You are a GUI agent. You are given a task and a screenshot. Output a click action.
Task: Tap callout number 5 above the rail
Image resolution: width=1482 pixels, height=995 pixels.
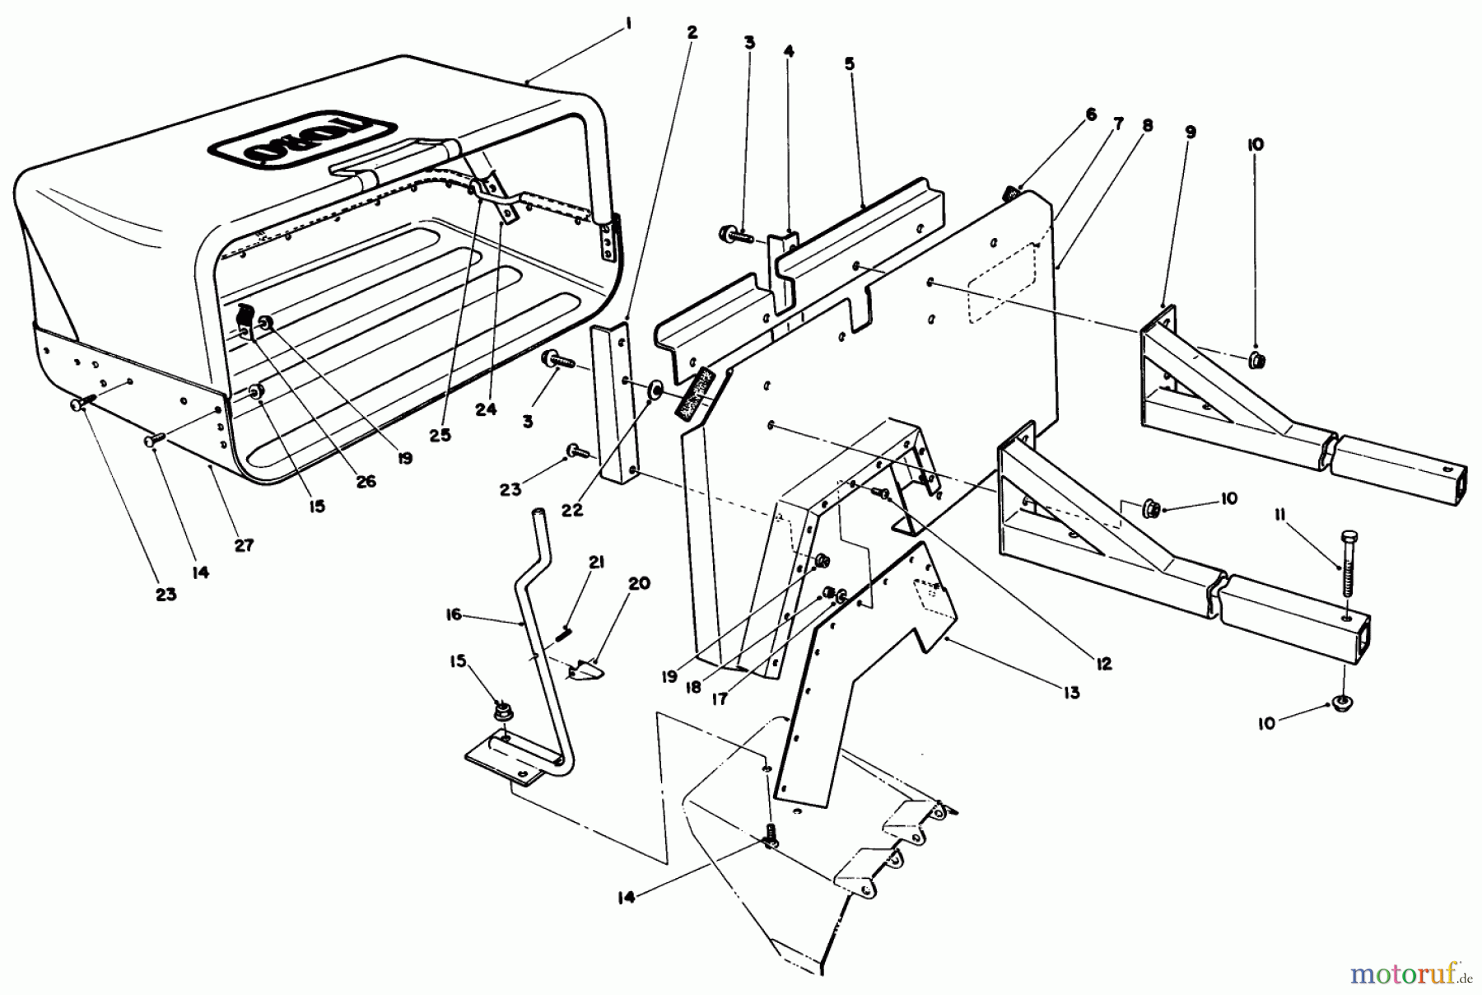pos(850,63)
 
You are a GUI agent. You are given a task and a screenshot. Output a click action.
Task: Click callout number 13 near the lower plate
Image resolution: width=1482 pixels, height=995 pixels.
pos(1070,694)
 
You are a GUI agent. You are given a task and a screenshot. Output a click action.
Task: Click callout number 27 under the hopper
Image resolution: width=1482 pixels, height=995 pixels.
pos(244,545)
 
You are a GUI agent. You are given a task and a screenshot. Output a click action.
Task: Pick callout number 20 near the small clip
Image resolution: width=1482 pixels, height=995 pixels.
pos(639,584)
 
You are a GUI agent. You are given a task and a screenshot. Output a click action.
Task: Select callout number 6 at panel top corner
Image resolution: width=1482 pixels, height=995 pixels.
pos(1091,114)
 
